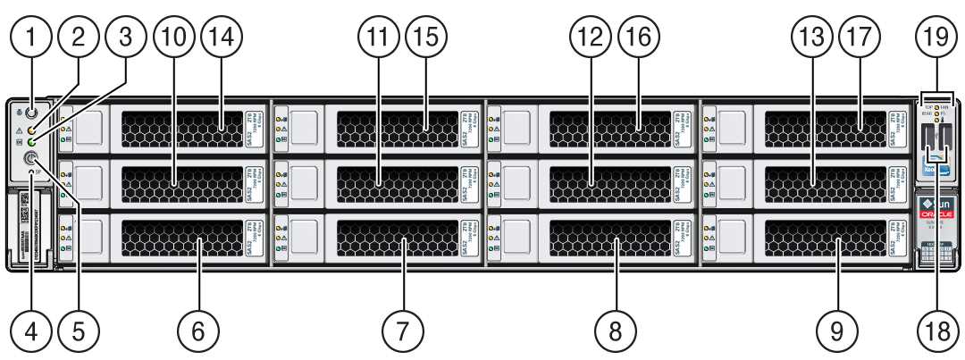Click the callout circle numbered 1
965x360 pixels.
pyautogui.click(x=32, y=38)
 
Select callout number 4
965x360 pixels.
pyautogui.click(x=32, y=332)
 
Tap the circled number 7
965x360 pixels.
pyautogui.click(x=403, y=332)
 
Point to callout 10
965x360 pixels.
pyautogui.click(x=173, y=38)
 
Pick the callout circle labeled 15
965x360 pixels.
pyautogui.click(x=427, y=38)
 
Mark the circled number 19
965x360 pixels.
pyautogui.click(x=935, y=38)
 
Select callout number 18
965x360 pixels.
pyautogui.click(x=935, y=332)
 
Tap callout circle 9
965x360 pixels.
pyautogui.click(x=836, y=332)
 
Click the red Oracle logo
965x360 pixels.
pyautogui.click(x=936, y=215)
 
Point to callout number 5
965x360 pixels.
pyautogui.click(x=79, y=332)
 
